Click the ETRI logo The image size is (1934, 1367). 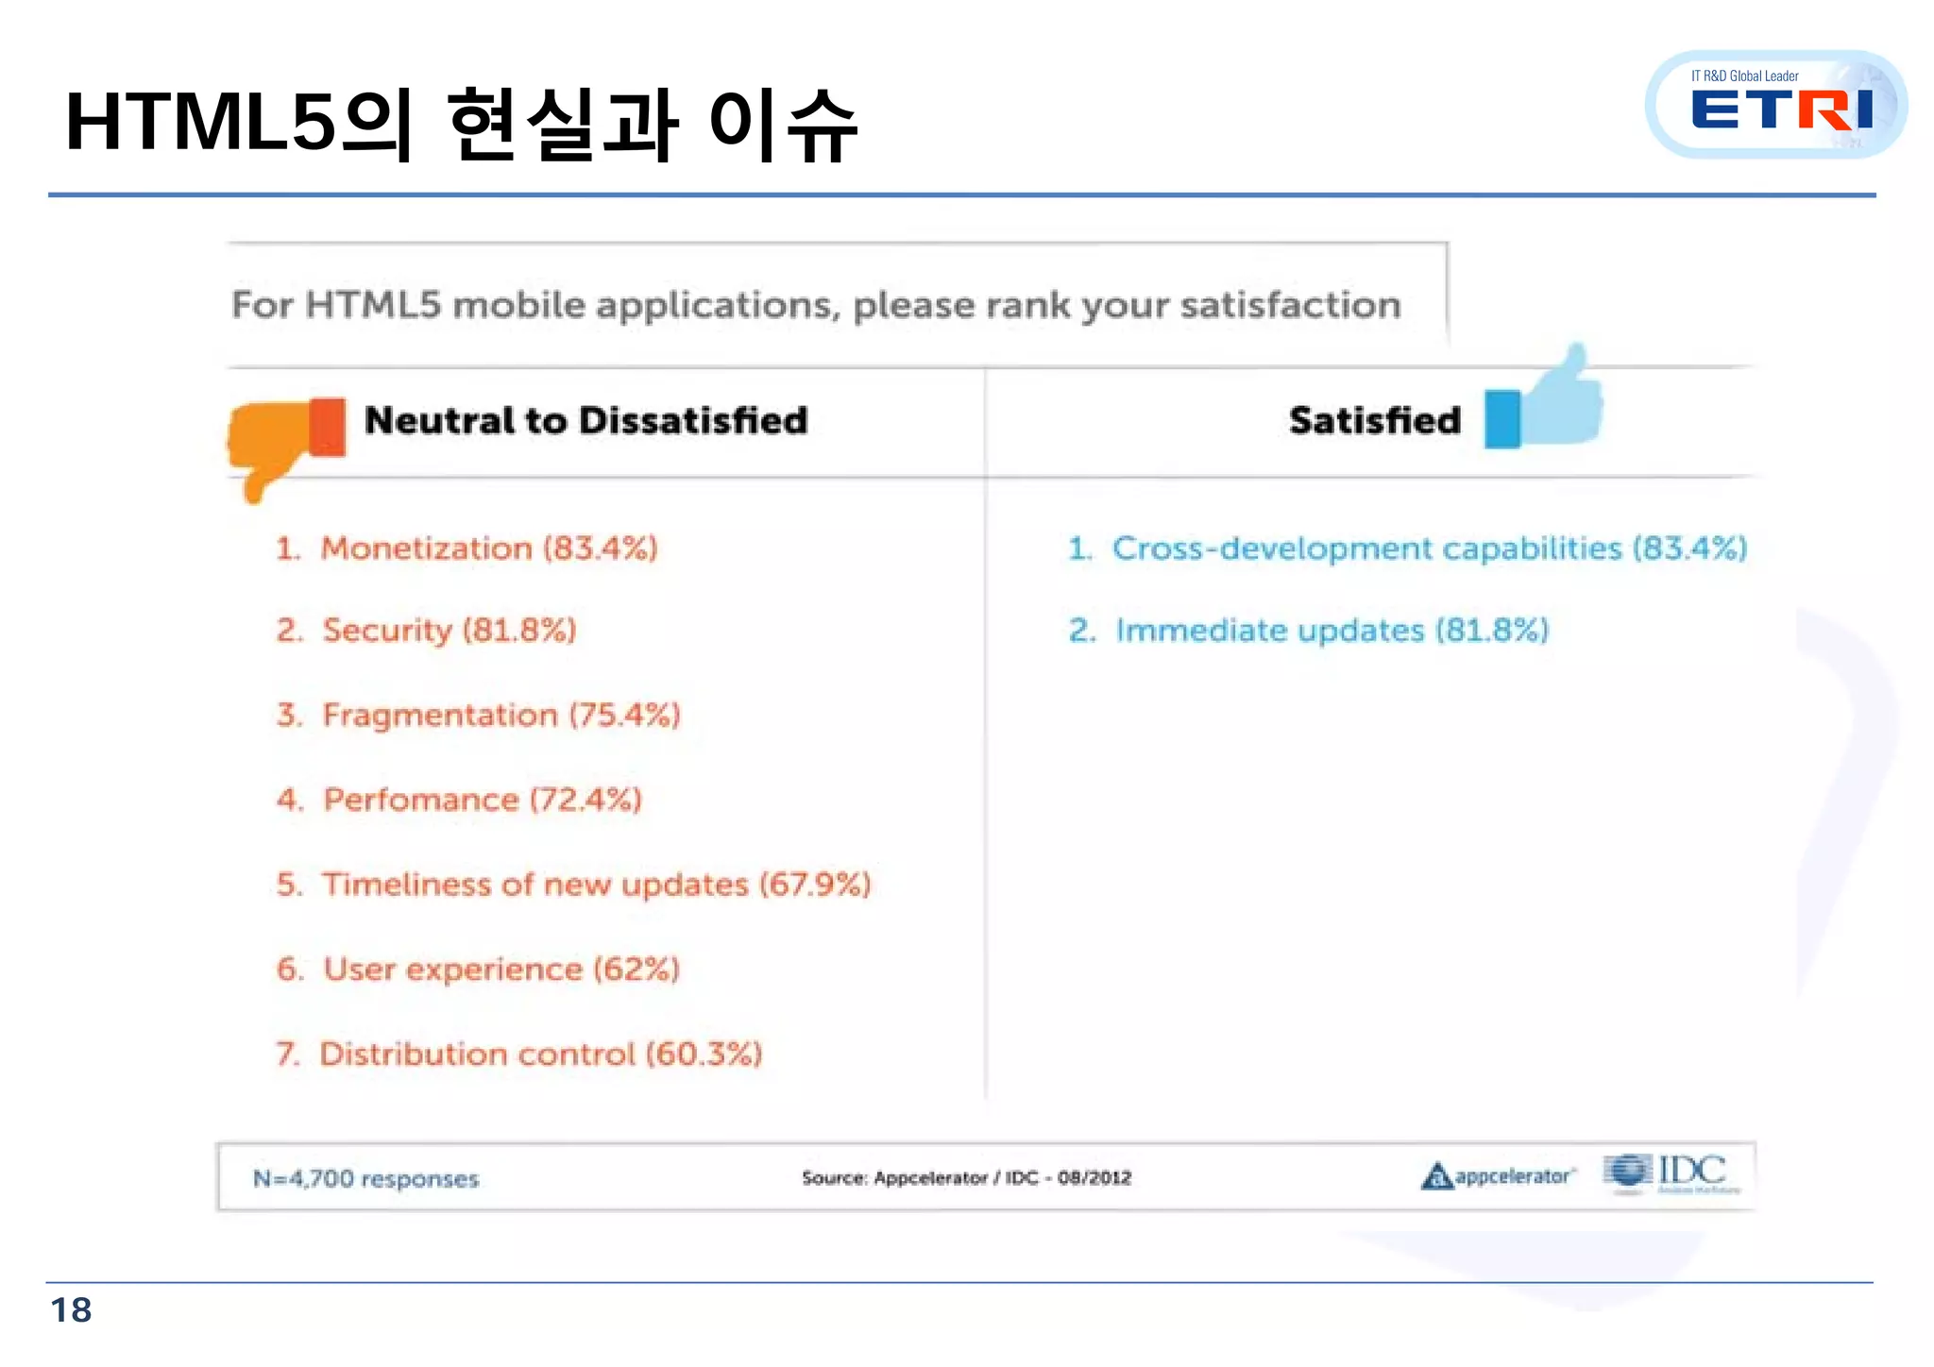click(1776, 106)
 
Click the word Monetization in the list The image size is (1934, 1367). click(427, 548)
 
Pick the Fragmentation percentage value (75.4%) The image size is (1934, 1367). click(624, 716)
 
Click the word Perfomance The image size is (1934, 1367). click(421, 801)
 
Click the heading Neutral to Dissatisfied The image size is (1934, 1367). click(585, 421)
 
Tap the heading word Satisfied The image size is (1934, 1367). click(1374, 421)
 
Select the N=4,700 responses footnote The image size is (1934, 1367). click(365, 1179)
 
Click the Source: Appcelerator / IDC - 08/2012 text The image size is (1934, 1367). click(966, 1178)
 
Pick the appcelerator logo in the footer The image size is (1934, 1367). click(1497, 1176)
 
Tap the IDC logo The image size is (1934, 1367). click(1672, 1173)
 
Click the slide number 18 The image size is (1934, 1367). click(71, 1310)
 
